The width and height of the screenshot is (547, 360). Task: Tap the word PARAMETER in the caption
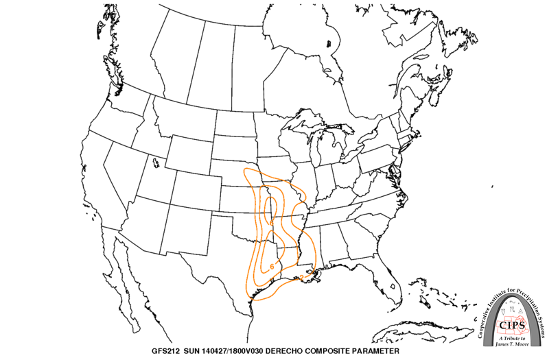tap(371, 350)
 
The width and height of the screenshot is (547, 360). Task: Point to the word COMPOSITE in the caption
tap(327, 350)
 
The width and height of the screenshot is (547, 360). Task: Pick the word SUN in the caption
tap(195, 350)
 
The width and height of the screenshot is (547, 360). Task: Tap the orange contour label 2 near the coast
tap(302, 278)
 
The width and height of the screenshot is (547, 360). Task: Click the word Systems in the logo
tap(537, 322)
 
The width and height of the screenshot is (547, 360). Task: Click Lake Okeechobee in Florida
tap(392, 285)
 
